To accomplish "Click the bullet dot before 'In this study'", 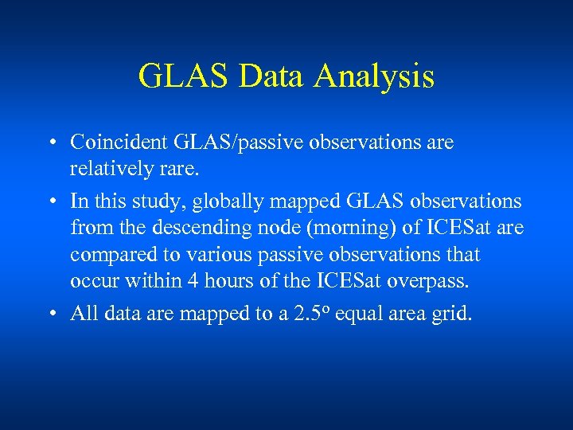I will (x=50, y=201).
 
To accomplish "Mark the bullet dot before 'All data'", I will (x=50, y=314).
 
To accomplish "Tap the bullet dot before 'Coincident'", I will (x=50, y=143).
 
